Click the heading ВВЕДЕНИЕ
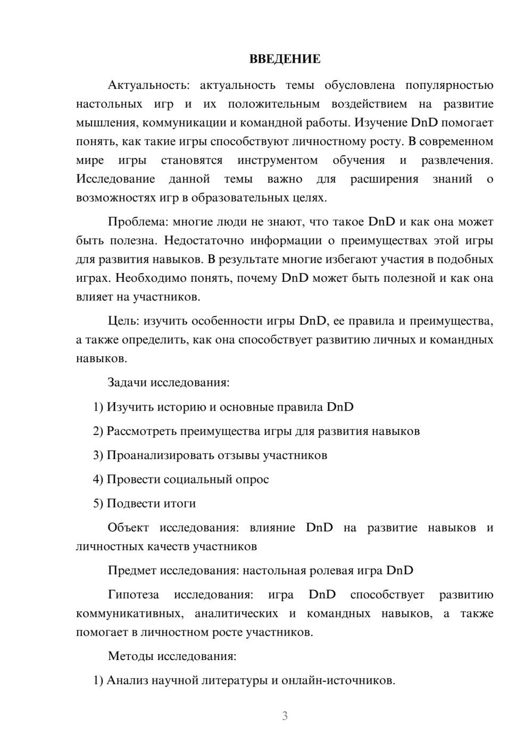[285, 59]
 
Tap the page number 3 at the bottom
[285, 716]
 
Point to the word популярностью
[449, 85]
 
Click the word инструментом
[277, 160]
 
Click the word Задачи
[127, 382]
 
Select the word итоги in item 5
[180, 504]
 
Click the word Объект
[127, 528]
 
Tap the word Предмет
[132, 571]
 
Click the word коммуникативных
[129, 614]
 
